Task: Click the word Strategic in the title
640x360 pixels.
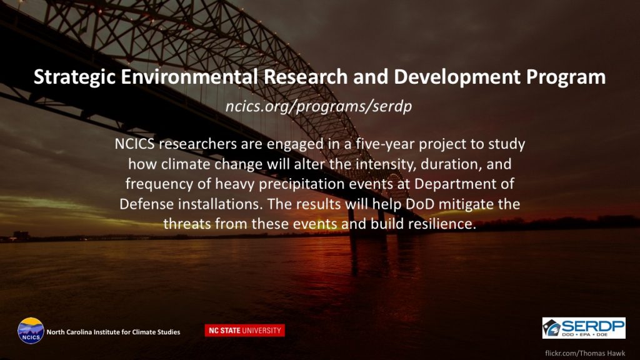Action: [x=75, y=77]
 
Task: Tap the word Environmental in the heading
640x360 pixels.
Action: [x=189, y=77]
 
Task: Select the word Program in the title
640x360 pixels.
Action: [x=566, y=77]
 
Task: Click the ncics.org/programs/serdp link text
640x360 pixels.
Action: [x=319, y=106]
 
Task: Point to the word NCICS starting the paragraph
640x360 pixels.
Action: [x=135, y=144]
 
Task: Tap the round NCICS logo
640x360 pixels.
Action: [x=31, y=331]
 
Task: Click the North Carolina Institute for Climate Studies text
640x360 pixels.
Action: [x=113, y=332]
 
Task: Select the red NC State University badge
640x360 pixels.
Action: [x=244, y=330]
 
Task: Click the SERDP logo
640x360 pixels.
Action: [x=584, y=327]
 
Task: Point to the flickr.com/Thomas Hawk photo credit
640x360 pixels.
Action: [x=585, y=353]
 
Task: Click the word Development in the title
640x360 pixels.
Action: [x=457, y=77]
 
